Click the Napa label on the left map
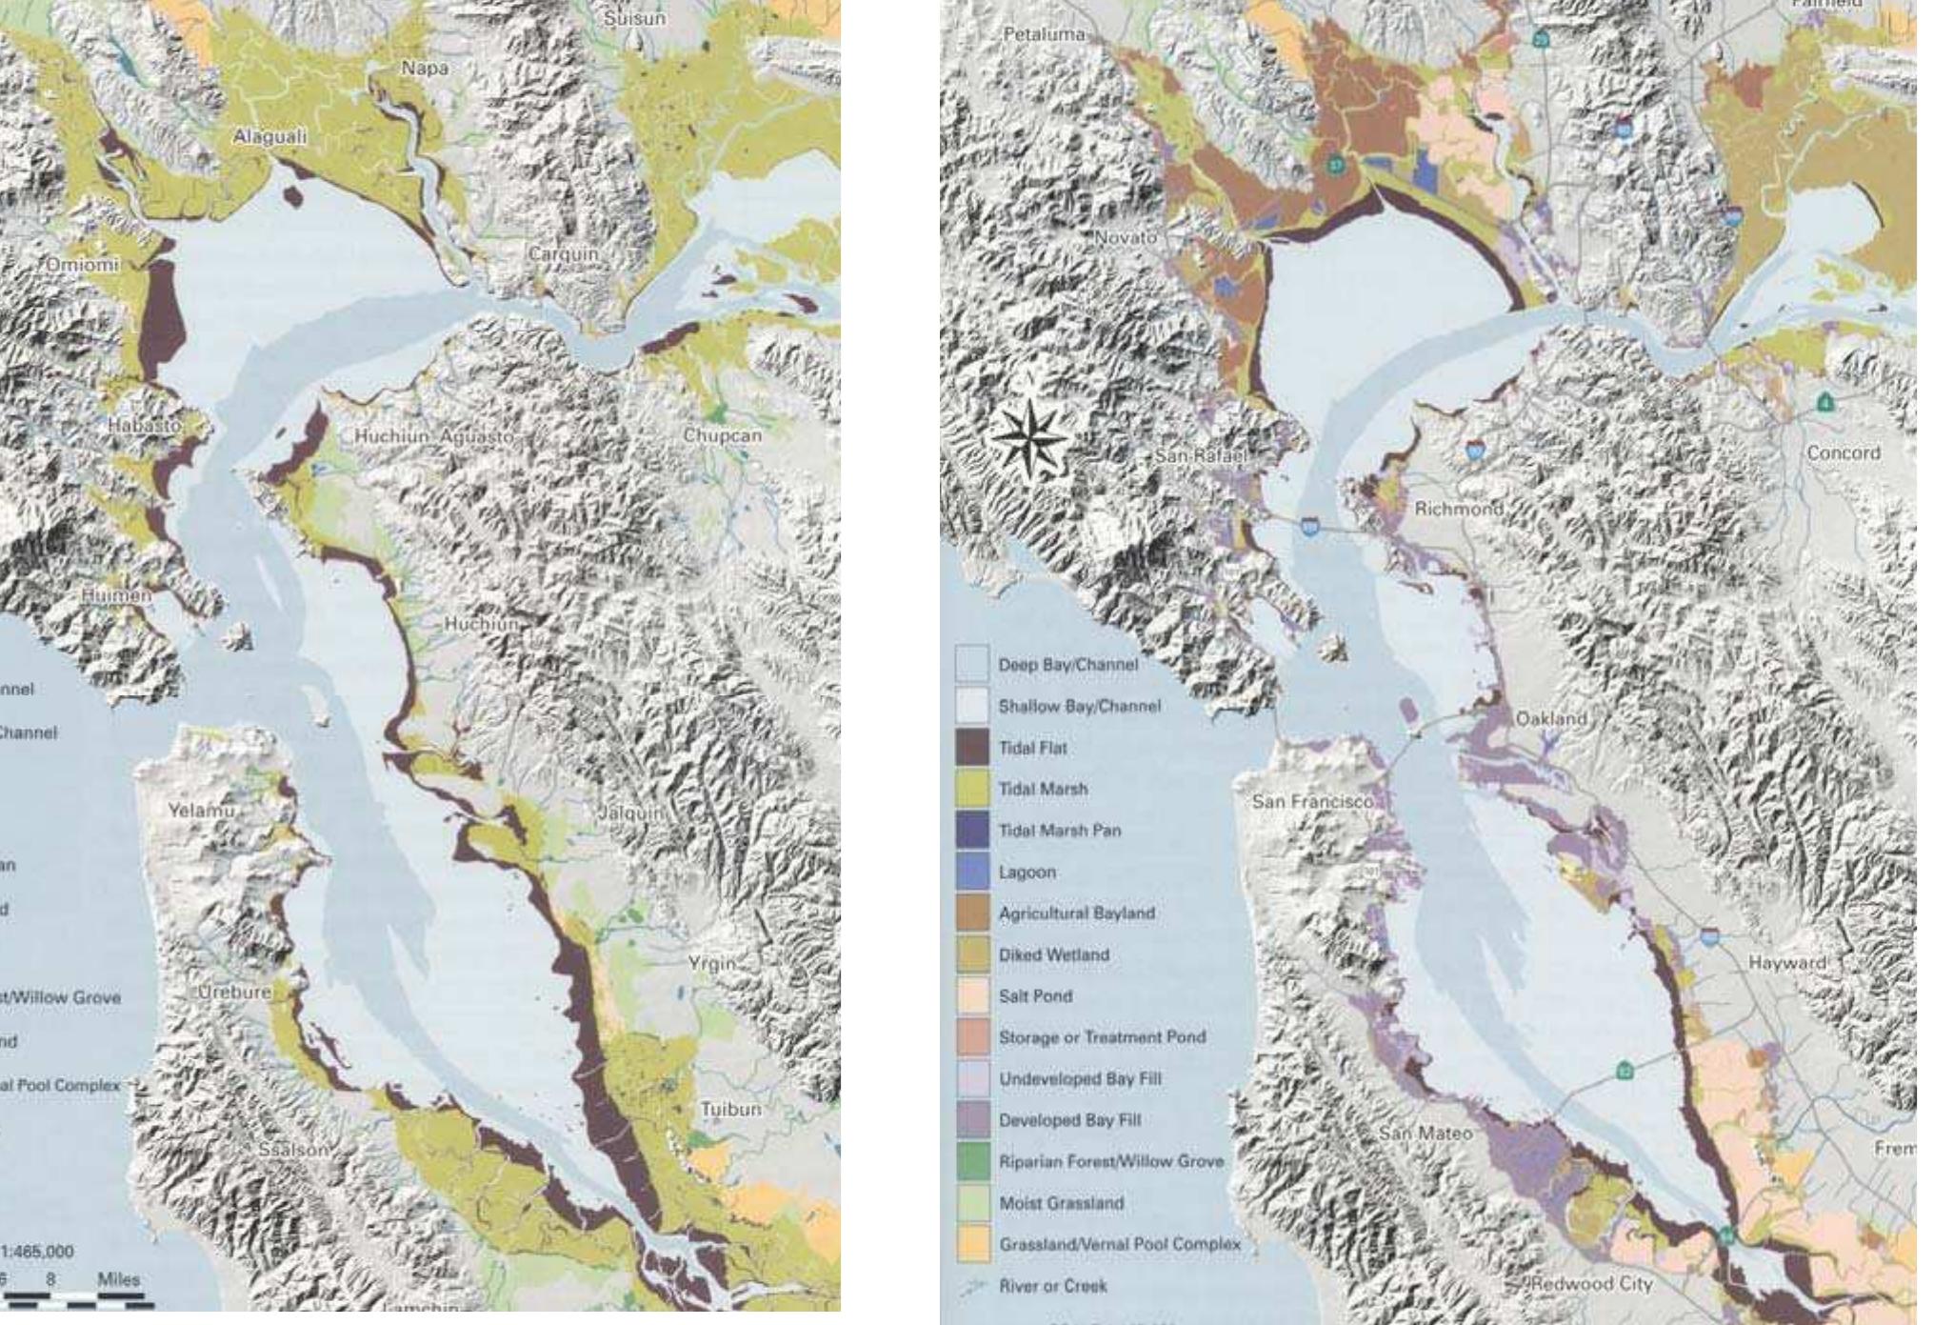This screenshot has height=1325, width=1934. pos(425,68)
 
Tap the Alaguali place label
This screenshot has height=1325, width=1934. pos(270,137)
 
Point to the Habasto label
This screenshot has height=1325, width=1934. pos(143,426)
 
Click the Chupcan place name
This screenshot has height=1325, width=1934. pos(722,435)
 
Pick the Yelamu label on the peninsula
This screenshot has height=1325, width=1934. pos(201,811)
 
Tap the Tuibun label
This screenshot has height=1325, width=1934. pos(730,1109)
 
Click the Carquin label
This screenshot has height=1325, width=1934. pos(564,254)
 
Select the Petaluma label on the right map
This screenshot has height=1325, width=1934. pos(1044,34)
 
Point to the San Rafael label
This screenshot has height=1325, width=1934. pos(1200,456)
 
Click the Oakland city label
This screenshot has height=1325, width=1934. pos(1551,718)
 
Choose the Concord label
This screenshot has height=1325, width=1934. pos(1844,453)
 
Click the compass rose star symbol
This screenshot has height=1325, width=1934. pos(1028,438)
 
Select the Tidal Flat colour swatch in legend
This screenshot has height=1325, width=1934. pos(972,748)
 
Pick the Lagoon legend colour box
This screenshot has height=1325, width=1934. pos(972,872)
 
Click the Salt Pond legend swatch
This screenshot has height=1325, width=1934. pos(972,995)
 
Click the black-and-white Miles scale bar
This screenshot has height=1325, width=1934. pos(76,1299)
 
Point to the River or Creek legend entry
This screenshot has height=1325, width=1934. pos(1052,1286)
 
